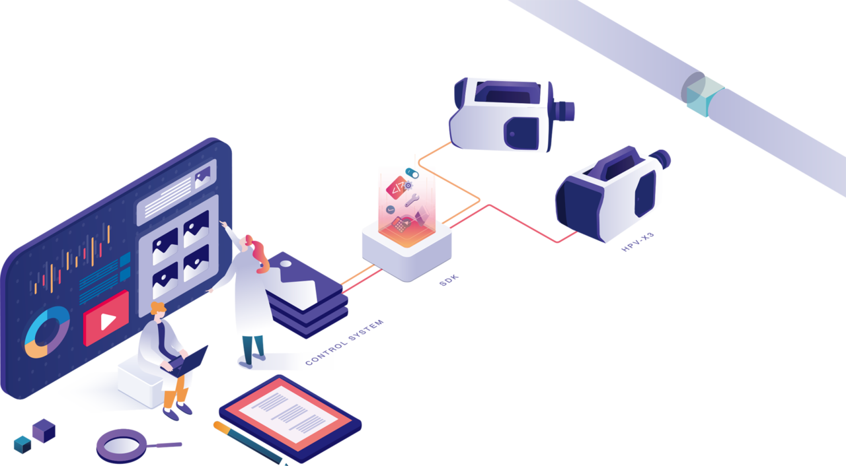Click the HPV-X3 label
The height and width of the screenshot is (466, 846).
point(638,242)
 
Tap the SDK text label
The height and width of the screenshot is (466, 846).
point(449,281)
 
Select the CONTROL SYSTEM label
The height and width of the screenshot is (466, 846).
point(344,343)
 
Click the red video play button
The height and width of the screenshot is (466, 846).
point(106,318)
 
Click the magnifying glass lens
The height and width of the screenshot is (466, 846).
point(122,446)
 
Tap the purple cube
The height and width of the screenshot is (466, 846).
point(44,430)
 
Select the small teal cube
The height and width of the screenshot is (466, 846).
point(22,444)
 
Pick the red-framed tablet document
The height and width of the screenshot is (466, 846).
point(290,418)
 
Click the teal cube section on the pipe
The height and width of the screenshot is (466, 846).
point(704,96)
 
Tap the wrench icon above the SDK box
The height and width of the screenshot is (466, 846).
point(412,200)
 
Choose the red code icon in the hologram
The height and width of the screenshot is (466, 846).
point(396,187)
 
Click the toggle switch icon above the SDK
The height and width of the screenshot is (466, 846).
point(412,174)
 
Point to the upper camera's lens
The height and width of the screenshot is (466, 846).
point(564,111)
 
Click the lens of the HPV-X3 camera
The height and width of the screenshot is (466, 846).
point(661,158)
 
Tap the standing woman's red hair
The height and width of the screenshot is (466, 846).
point(258,253)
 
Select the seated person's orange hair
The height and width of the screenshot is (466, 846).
point(158,308)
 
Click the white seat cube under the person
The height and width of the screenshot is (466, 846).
point(141,383)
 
